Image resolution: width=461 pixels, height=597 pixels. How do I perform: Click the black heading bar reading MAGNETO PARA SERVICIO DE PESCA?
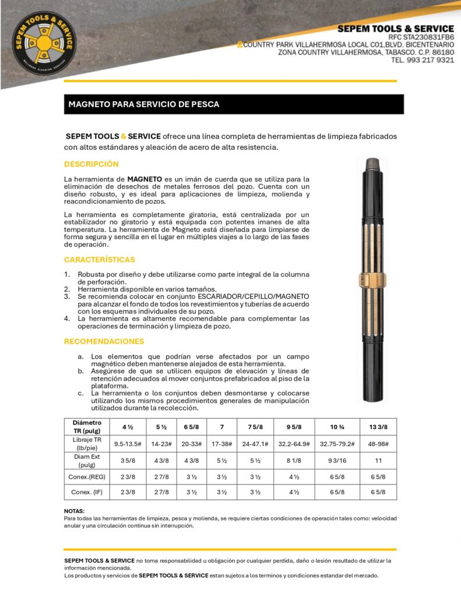(x=234, y=104)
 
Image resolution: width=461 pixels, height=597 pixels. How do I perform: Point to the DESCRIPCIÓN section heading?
(x=92, y=164)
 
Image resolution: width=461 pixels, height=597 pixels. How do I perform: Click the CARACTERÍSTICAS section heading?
(x=100, y=259)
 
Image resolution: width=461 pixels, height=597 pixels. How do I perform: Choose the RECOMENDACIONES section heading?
(x=104, y=341)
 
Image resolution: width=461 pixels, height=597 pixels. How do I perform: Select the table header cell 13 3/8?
(x=378, y=426)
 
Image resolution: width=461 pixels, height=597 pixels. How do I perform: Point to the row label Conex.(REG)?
(x=87, y=476)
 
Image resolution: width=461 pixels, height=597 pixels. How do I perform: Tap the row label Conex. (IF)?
(x=87, y=492)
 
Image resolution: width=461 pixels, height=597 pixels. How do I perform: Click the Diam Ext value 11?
(x=378, y=461)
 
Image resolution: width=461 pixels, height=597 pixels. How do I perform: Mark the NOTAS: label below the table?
(x=74, y=511)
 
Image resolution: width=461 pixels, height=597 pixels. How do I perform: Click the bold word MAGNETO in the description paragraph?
(x=146, y=178)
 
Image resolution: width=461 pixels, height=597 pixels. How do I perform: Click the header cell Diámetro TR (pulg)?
(x=87, y=426)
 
